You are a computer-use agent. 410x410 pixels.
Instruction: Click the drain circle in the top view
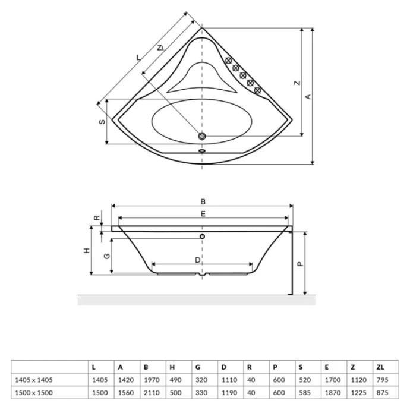(202, 136)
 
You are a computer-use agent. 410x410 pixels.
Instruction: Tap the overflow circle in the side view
(202, 236)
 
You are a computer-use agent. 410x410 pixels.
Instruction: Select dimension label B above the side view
(203, 201)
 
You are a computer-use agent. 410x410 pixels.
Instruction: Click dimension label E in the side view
(203, 214)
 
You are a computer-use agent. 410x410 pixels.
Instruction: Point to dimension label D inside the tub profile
(198, 260)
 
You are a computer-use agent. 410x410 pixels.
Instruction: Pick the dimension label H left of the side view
(87, 251)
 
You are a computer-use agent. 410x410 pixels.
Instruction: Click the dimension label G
(107, 256)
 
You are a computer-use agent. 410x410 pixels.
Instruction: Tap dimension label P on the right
(301, 264)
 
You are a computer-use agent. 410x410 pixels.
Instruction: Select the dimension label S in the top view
(102, 122)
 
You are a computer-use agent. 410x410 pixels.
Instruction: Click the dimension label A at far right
(308, 96)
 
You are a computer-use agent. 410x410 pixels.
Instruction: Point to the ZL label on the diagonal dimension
(161, 48)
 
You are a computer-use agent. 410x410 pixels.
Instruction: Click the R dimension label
(97, 217)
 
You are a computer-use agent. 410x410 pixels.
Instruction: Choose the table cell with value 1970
(152, 380)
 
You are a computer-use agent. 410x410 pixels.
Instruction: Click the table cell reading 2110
(152, 393)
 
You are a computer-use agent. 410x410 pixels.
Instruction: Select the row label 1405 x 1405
(34, 380)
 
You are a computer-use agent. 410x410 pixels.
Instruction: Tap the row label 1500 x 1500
(34, 393)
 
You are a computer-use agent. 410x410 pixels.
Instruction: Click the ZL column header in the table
(380, 367)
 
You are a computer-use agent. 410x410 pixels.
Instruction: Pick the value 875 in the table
(383, 393)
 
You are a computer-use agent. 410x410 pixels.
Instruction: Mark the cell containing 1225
(358, 393)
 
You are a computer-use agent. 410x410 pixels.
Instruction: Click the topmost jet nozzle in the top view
(229, 61)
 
